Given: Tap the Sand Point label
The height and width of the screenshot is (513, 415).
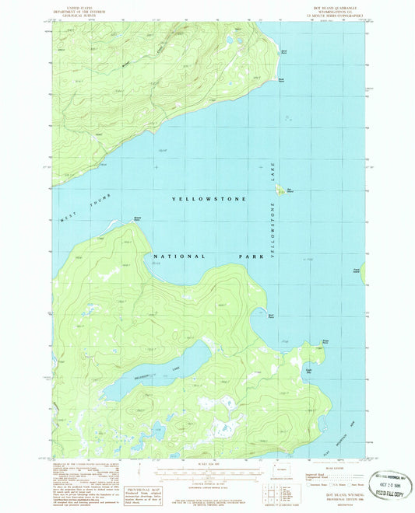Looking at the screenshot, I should pyautogui.click(x=283, y=51).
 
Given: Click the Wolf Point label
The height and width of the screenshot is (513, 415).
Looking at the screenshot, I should pyautogui.click(x=271, y=315).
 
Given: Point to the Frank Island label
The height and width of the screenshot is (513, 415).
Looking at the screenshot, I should pyautogui.click(x=357, y=270).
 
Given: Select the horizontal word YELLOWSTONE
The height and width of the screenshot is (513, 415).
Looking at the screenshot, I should pyautogui.click(x=208, y=199).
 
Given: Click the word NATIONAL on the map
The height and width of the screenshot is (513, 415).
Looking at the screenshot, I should pyautogui.click(x=179, y=256).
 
